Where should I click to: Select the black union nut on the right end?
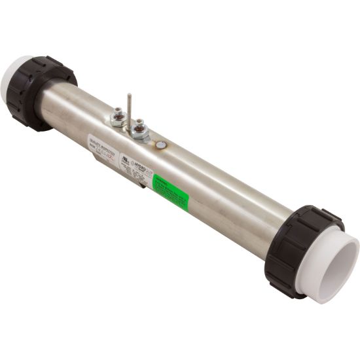(x=298, y=249)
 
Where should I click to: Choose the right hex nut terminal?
(x=140, y=132)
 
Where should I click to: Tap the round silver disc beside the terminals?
(x=160, y=145)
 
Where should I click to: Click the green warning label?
(x=170, y=190)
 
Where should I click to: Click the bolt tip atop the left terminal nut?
(x=118, y=111)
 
